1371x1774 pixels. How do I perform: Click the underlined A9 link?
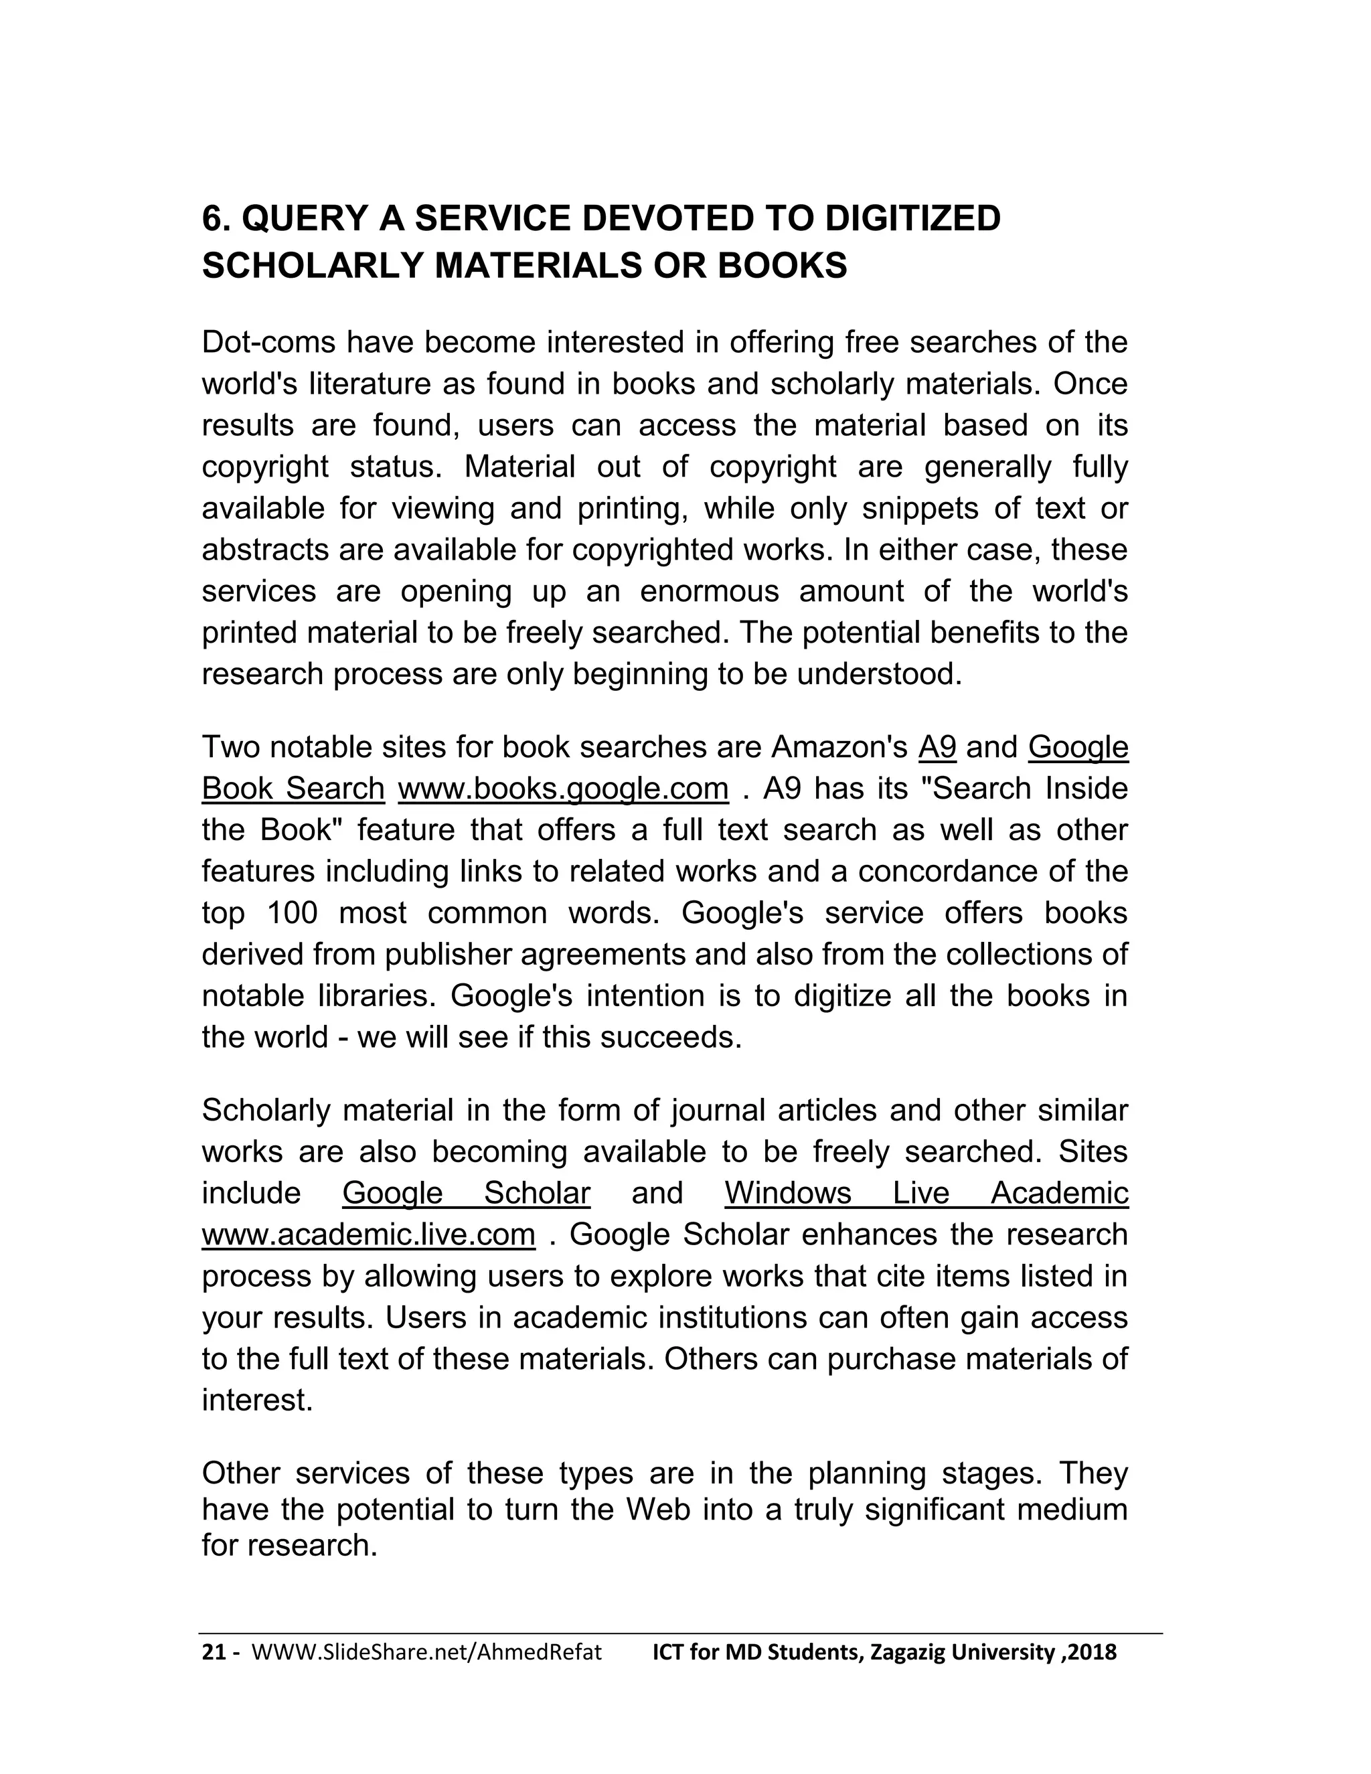pyautogui.click(x=937, y=746)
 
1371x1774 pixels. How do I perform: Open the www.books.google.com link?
pyautogui.click(x=563, y=789)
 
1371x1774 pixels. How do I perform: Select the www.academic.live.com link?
pyautogui.click(x=368, y=1234)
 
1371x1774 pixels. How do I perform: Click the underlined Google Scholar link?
pyautogui.click(x=465, y=1193)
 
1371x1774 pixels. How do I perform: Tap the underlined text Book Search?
pyautogui.click(x=293, y=789)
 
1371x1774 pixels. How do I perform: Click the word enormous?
pyautogui.click(x=709, y=591)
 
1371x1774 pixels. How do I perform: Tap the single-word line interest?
pyautogui.click(x=256, y=1400)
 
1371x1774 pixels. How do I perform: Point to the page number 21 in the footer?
pyautogui.click(x=213, y=1652)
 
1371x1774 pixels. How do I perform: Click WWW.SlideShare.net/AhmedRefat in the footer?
pyautogui.click(x=427, y=1652)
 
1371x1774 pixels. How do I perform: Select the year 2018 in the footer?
pyautogui.click(x=1093, y=1652)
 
